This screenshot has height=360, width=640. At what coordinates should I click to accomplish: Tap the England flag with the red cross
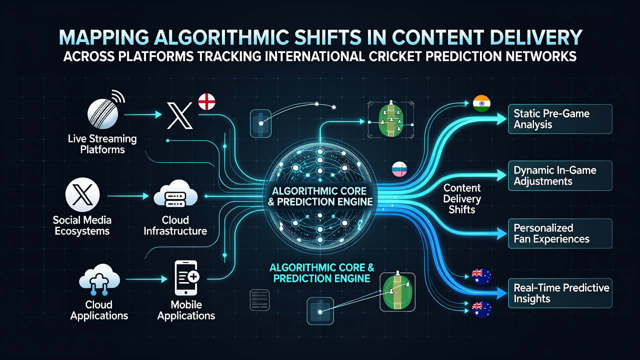pyautogui.click(x=206, y=101)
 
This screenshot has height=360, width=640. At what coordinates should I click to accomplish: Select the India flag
pyautogui.click(x=481, y=103)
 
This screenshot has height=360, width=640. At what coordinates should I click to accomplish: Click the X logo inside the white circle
pyautogui.click(x=82, y=194)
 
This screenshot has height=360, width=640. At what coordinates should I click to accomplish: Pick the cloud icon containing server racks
pyautogui.click(x=175, y=194)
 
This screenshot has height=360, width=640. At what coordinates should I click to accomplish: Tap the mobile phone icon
pyautogui.click(x=186, y=277)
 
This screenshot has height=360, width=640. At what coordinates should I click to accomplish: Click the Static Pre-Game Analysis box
pyautogui.click(x=560, y=119)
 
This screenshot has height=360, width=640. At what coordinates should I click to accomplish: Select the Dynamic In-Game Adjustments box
pyautogui.click(x=560, y=175)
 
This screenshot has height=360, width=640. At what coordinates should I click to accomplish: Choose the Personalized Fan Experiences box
pyautogui.click(x=560, y=233)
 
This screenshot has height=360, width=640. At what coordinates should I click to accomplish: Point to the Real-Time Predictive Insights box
pyautogui.click(x=560, y=293)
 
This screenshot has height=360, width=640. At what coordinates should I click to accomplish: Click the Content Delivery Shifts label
pyautogui.click(x=462, y=199)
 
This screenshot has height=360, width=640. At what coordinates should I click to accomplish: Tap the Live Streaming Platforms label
pyautogui.click(x=102, y=144)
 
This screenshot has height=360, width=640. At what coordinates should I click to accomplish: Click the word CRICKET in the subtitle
pyautogui.click(x=394, y=56)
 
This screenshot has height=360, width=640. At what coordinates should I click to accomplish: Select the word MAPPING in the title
pyautogui.click(x=103, y=37)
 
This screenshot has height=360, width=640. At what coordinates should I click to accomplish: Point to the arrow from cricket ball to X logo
pyautogui.click(x=143, y=114)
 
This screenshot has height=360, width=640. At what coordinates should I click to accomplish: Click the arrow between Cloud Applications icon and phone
pyautogui.click(x=146, y=279)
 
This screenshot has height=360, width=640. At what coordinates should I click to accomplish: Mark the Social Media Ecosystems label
pyautogui.click(x=82, y=225)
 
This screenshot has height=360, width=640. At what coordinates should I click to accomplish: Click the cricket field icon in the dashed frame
pyautogui.click(x=391, y=119)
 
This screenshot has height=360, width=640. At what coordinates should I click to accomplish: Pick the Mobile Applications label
pyautogui.click(x=186, y=310)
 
